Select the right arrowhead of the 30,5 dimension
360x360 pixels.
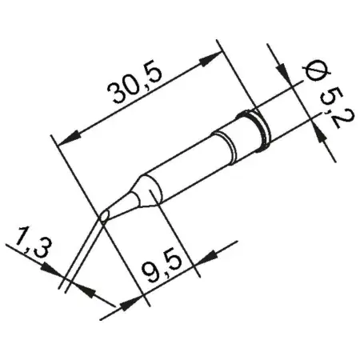214,57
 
